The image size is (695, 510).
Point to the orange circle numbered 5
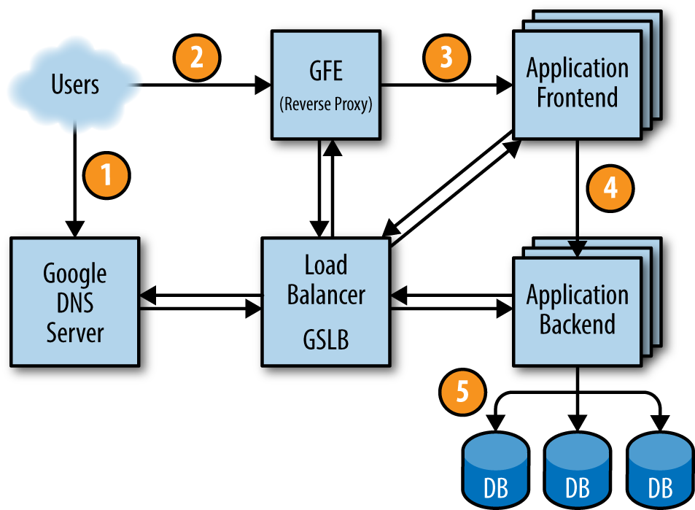pyautogui.click(x=462, y=392)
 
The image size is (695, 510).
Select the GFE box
pyautogui.click(x=326, y=85)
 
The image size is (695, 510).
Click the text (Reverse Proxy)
pyautogui.click(x=326, y=104)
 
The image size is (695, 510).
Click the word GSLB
pyautogui.click(x=326, y=339)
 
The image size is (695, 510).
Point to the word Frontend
pyautogui.click(x=577, y=98)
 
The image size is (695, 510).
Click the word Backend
pyautogui.click(x=577, y=324)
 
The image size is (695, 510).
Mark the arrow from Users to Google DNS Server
pyautogui.click(x=75, y=175)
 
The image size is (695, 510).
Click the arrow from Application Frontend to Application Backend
pyautogui.click(x=578, y=197)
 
